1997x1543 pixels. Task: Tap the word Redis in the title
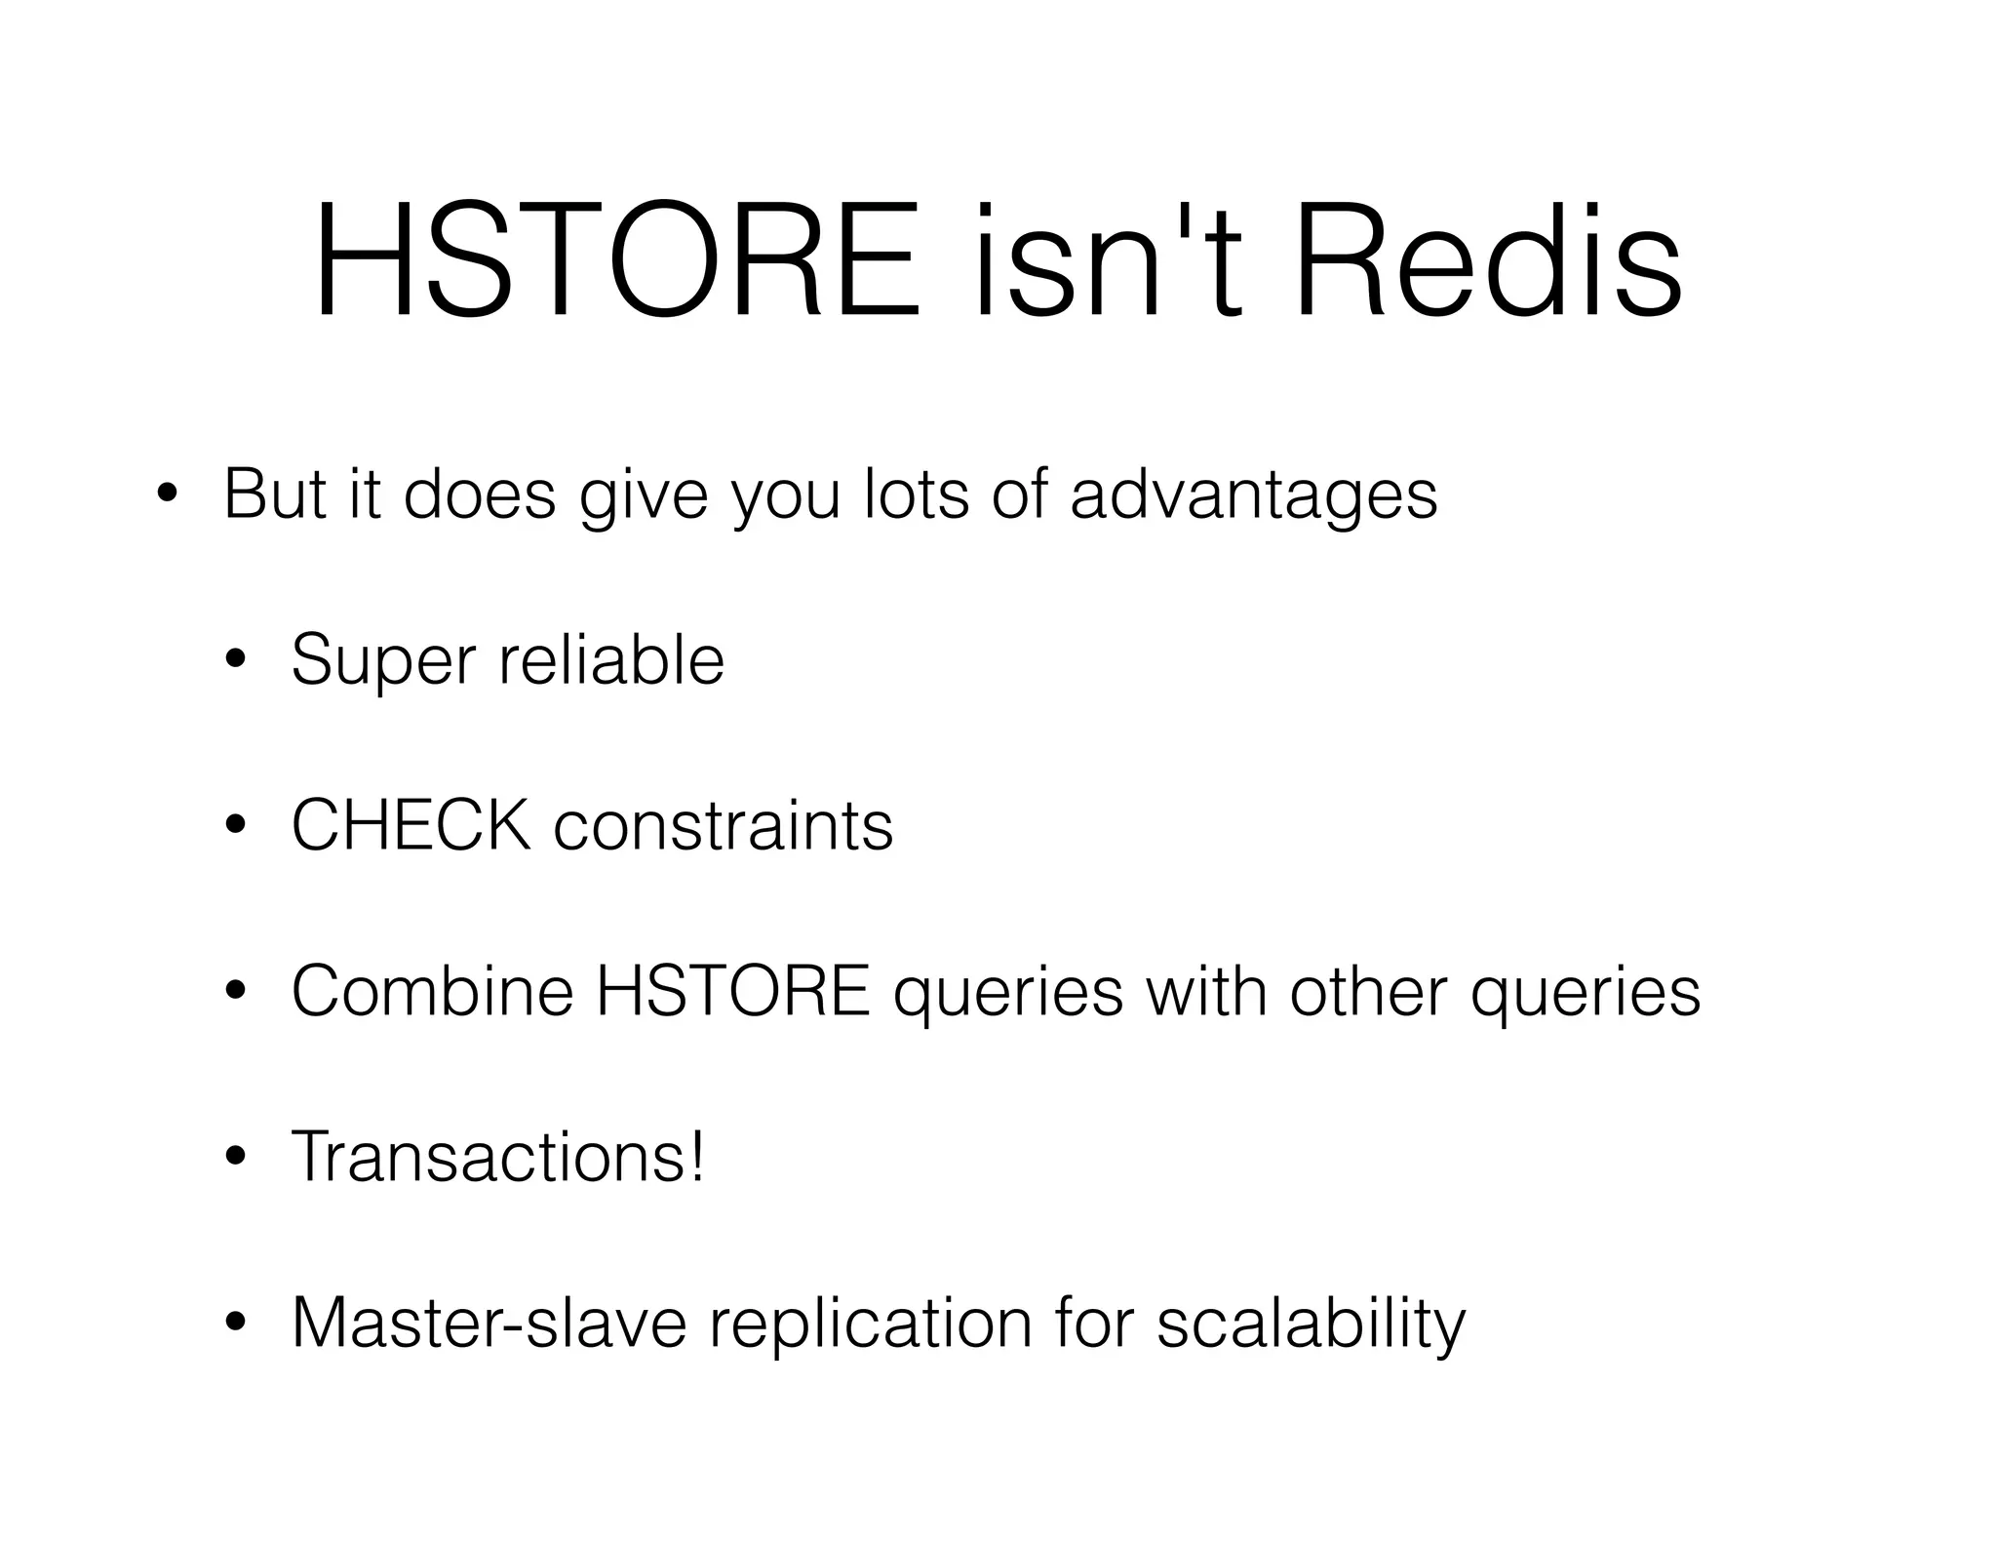point(1487,260)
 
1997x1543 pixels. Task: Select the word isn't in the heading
point(1108,260)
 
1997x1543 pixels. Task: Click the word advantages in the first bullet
point(1253,495)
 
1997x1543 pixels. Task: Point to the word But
point(274,495)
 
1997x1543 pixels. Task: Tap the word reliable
point(611,659)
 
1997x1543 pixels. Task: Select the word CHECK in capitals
point(411,826)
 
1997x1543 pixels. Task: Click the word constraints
point(723,826)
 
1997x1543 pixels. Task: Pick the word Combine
point(432,991)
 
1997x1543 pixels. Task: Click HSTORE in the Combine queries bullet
point(732,991)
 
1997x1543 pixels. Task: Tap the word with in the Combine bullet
point(1205,991)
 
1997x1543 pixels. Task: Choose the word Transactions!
point(497,1157)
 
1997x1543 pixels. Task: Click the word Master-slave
point(489,1324)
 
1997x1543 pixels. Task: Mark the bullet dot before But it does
point(166,495)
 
